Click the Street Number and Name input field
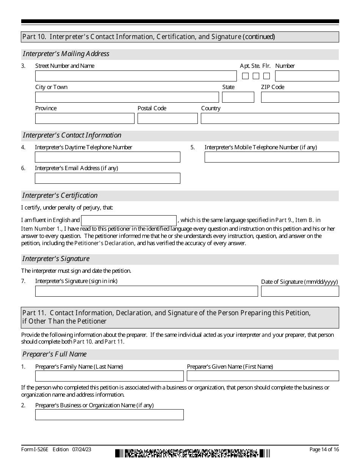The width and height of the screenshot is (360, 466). click(x=136, y=76)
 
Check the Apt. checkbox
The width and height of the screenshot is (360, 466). click(x=245, y=76)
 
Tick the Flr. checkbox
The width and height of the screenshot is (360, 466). click(x=266, y=76)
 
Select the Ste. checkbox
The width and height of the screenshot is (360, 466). click(x=256, y=76)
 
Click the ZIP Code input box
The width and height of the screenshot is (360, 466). click(x=300, y=97)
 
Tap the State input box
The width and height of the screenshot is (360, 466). click(x=238, y=97)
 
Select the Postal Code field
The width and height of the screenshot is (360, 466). click(x=167, y=119)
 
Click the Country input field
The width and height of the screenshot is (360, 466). click(x=270, y=119)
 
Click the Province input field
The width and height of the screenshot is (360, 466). click(x=85, y=119)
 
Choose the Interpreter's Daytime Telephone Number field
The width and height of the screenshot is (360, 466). click(x=108, y=157)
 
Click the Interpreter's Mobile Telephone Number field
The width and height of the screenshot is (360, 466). click(x=272, y=157)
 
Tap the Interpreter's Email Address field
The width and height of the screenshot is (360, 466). click(x=108, y=178)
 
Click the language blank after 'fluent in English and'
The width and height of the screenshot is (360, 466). click(x=129, y=220)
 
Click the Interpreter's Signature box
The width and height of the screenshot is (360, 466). click(x=146, y=291)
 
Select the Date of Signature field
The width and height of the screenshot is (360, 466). click(x=300, y=291)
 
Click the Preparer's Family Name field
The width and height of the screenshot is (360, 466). click(x=109, y=376)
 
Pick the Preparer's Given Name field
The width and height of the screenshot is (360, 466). click(x=263, y=376)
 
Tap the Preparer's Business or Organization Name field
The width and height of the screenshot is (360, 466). click(x=109, y=415)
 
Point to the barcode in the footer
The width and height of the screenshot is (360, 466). click(x=193, y=453)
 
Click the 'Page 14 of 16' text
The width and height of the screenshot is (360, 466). click(x=324, y=450)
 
